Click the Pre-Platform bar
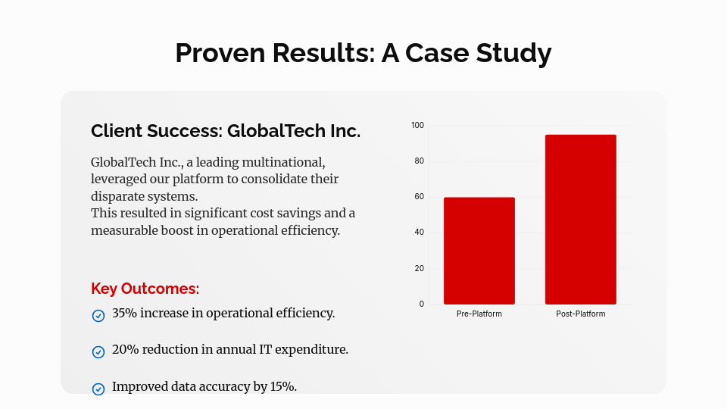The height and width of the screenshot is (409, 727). pos(479,251)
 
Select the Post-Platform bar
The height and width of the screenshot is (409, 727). pos(581,220)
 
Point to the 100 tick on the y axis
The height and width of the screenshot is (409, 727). pos(418,125)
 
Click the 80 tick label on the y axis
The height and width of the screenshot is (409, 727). pos(419,161)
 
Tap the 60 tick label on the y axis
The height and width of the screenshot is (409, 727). pos(419,197)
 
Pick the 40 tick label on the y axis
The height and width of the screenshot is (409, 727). pos(419,233)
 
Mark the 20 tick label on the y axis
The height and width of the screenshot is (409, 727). pos(419,268)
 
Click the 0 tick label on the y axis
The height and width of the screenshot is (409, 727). pos(422,304)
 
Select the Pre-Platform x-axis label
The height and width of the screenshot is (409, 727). pos(479,314)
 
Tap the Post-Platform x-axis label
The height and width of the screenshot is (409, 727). pos(581,314)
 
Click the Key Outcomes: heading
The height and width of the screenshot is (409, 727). pos(145,289)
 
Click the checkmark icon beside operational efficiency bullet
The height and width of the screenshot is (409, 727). pos(98,315)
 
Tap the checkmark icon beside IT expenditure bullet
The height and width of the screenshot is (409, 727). pos(98,351)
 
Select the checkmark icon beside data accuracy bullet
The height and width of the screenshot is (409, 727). pos(98,389)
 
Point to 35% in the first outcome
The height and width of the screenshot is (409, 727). pos(125,313)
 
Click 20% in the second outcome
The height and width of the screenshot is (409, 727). pos(125,349)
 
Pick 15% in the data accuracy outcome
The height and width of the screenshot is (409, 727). pos(282,386)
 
